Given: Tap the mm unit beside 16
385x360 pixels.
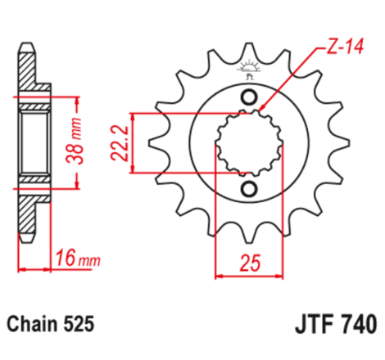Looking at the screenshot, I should (x=88, y=261).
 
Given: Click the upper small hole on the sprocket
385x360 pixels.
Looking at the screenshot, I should (x=247, y=97).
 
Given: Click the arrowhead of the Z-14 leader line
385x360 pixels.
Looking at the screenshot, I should (x=264, y=109).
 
